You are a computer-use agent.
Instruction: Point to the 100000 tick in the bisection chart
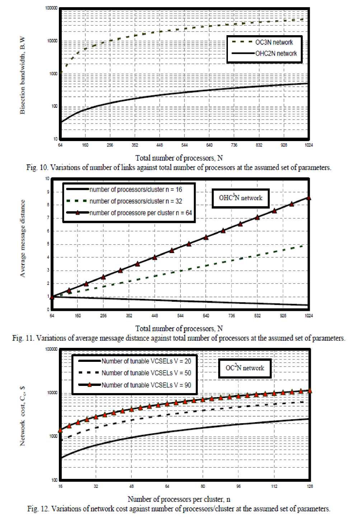[52, 8]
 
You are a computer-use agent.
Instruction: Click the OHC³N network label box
[240, 198]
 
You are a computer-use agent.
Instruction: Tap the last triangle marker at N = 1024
[308, 198]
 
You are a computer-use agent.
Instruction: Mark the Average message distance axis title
[23, 239]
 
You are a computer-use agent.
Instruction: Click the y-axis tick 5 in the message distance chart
[48, 244]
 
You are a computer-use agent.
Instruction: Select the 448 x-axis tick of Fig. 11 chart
[155, 316]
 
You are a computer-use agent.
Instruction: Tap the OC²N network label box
[245, 368]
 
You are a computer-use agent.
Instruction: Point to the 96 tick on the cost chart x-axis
[239, 486]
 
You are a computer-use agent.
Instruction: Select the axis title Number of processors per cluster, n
[179, 499]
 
